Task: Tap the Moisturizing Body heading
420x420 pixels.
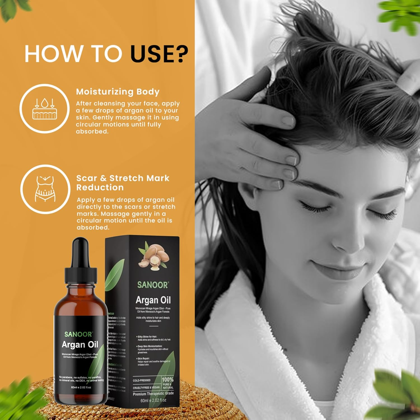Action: point(118,92)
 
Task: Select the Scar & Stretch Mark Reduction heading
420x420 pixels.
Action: point(123,183)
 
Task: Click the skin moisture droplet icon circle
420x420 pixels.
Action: point(45,109)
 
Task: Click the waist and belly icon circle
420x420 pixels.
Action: point(45,189)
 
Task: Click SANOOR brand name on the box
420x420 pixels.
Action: point(153,285)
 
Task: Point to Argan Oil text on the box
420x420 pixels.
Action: point(153,300)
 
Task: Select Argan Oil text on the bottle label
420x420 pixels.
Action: point(80,344)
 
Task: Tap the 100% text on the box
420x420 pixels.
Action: point(167,379)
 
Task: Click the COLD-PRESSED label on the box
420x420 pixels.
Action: point(142,380)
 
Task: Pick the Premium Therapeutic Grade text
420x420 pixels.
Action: point(153,394)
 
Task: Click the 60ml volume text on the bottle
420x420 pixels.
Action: point(81,387)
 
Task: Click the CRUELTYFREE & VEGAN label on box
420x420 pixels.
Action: point(146,388)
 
